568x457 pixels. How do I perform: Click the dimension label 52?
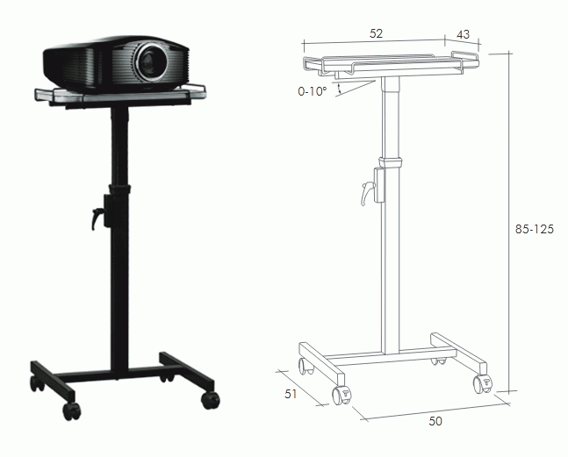tap(376, 33)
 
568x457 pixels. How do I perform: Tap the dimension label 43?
tap(463, 34)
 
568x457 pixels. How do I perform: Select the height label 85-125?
tap(535, 229)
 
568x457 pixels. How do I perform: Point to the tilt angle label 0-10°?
tap(313, 91)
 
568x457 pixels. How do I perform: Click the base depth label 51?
tap(291, 394)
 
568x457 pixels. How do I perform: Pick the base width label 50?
tap(435, 421)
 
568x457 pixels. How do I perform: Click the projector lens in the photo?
tap(151, 62)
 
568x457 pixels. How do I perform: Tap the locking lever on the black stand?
tap(97, 218)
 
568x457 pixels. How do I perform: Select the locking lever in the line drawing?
tap(367, 193)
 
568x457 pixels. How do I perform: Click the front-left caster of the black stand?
tap(71, 411)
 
